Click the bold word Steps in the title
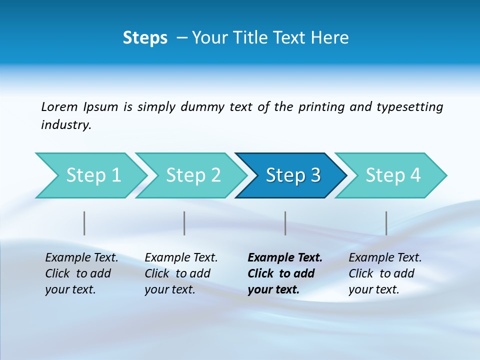tap(145, 38)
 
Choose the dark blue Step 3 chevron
tap(293, 175)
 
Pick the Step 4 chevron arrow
tap(393, 175)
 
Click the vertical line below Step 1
tap(84, 223)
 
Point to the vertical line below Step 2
tap(184, 223)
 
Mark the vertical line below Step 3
tap(285, 223)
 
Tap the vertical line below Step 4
tap(386, 223)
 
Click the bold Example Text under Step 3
tap(285, 273)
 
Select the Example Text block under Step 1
tap(81, 273)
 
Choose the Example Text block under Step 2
tap(181, 273)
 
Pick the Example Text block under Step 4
tap(385, 273)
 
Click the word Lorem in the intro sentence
tap(59, 107)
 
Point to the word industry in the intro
tap(65, 125)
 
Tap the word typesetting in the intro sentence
tap(409, 107)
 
